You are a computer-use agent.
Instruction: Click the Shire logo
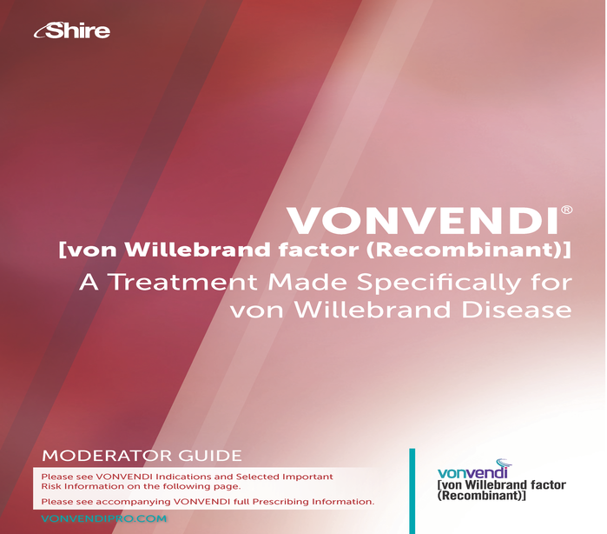72,30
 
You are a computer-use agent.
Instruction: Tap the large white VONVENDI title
423,220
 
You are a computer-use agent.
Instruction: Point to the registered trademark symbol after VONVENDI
566,210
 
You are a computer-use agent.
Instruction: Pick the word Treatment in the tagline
182,282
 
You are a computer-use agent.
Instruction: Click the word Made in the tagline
307,282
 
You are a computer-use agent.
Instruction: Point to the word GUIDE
210,456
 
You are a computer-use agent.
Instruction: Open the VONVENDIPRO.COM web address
103,518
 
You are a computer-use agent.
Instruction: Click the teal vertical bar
412,491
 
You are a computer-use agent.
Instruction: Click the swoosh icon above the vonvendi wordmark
504,463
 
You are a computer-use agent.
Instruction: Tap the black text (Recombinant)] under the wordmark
482,496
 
